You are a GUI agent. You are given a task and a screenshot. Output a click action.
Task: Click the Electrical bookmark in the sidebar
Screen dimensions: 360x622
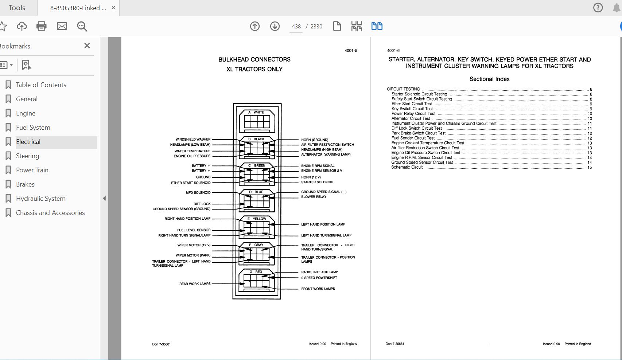pyautogui.click(x=28, y=142)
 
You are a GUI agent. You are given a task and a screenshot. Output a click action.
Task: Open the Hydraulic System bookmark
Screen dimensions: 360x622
pyautogui.click(x=40, y=199)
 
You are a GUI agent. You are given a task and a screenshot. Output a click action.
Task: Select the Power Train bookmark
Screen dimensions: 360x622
pyautogui.click(x=32, y=170)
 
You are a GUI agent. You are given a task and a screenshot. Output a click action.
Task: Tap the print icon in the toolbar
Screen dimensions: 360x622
pyautogui.click(x=42, y=26)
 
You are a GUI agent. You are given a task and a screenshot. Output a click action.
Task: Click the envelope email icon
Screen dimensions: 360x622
pyautogui.click(x=62, y=26)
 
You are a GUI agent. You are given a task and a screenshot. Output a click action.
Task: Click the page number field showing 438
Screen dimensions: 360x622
pyautogui.click(x=296, y=27)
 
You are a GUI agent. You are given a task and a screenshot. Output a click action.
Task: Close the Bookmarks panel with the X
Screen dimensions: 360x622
pyautogui.click(x=87, y=46)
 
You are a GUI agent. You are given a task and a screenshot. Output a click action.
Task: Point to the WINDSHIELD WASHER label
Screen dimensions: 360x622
pyautogui.click(x=193, y=139)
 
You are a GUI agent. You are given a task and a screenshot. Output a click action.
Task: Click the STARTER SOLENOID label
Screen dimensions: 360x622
pyautogui.click(x=317, y=182)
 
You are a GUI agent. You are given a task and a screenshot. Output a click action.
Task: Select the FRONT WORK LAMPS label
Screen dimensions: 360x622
pyautogui.click(x=318, y=289)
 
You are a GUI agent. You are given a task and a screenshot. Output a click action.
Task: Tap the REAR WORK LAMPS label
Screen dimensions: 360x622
pyautogui.click(x=195, y=284)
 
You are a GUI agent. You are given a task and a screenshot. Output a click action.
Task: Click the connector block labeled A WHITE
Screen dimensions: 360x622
pyautogui.click(x=257, y=120)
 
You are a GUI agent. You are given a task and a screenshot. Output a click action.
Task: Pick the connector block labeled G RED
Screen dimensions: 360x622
pyautogui.click(x=257, y=281)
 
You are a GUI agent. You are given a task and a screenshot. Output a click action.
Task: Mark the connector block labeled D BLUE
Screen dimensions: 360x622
pyautogui.click(x=257, y=200)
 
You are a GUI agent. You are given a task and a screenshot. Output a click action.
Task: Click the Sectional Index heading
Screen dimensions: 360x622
pyautogui.click(x=489, y=79)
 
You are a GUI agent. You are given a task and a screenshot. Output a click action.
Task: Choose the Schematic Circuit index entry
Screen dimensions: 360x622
pyautogui.click(x=407, y=167)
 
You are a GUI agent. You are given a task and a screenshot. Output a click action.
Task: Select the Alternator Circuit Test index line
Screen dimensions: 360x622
pyautogui.click(x=411, y=118)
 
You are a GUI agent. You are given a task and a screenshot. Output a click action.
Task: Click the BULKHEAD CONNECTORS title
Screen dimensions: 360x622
pyautogui.click(x=254, y=59)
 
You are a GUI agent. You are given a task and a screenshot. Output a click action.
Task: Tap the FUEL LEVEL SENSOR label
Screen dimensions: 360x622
pyautogui.click(x=194, y=230)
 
